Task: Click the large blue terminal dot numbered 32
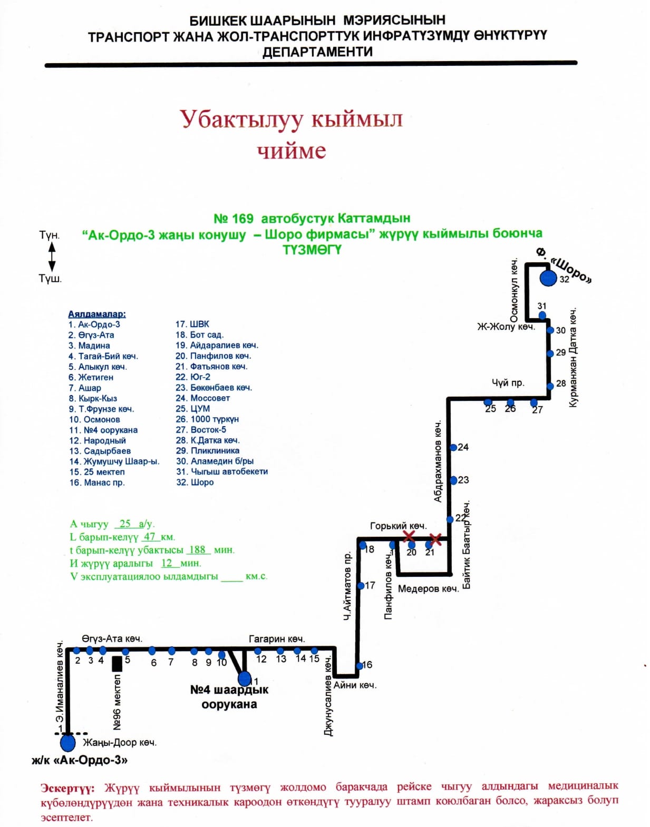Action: click(x=548, y=278)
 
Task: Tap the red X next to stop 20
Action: click(x=409, y=537)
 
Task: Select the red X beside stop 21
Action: click(x=435, y=539)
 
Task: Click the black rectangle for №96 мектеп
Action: click(x=117, y=664)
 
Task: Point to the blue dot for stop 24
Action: click(x=453, y=448)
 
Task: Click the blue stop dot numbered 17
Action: click(x=361, y=586)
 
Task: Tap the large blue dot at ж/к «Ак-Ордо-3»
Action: click(x=67, y=743)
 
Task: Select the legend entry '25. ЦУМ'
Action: click(x=192, y=409)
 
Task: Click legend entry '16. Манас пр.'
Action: click(x=97, y=483)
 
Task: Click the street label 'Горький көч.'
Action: click(x=398, y=526)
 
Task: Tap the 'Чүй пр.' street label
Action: click(x=508, y=383)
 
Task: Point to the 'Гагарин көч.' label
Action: click(x=276, y=639)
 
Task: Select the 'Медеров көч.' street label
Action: click(x=428, y=589)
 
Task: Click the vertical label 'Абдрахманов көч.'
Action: click(x=438, y=461)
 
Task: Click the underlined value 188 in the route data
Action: click(x=197, y=549)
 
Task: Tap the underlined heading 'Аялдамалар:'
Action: click(x=97, y=314)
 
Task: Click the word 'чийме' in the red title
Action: click(x=292, y=151)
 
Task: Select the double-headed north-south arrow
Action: click(x=52, y=257)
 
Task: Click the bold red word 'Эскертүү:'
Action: click(x=67, y=789)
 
